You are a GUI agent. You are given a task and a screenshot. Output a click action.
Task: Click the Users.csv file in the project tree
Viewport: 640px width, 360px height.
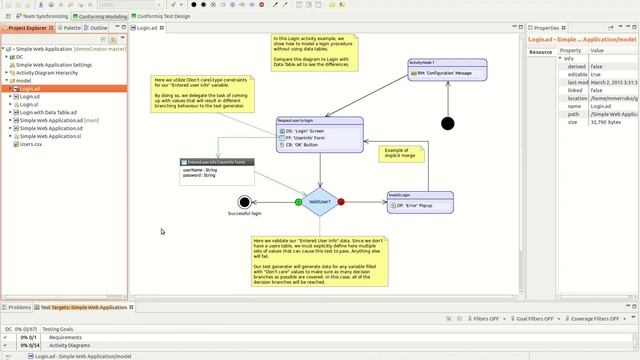point(31,144)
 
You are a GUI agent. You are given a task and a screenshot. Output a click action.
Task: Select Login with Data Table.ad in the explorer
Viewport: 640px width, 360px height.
point(49,112)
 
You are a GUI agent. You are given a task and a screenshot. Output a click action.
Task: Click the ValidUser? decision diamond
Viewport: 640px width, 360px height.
point(320,202)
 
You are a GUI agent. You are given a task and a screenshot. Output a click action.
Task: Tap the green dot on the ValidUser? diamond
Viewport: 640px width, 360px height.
point(299,202)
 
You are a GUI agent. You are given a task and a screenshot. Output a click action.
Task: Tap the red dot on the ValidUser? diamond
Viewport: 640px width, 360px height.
point(341,202)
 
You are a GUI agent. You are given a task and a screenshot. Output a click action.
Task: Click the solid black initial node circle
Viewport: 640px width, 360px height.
point(447,124)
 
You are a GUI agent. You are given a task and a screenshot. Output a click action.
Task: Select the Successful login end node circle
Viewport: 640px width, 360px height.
point(245,202)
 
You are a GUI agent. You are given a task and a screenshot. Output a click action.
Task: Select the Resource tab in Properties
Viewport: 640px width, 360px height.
point(541,51)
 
